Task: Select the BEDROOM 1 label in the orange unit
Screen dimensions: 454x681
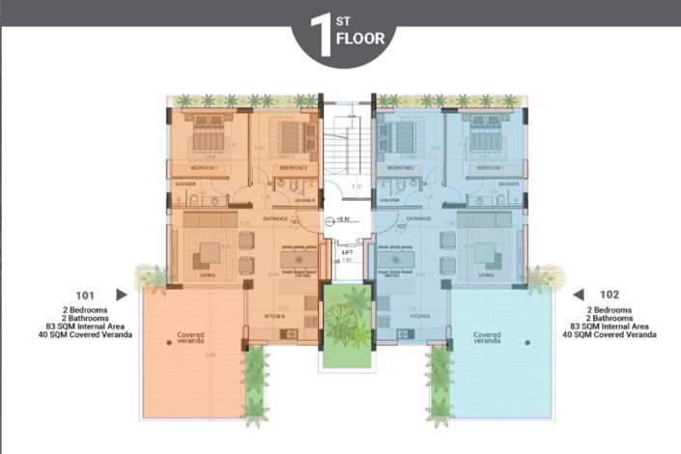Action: pyautogui.click(x=203, y=167)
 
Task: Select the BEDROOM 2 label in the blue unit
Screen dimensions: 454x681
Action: pyautogui.click(x=400, y=167)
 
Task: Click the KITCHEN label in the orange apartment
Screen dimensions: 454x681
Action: pyautogui.click(x=273, y=315)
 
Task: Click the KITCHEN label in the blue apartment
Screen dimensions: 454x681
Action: pyautogui.click(x=419, y=315)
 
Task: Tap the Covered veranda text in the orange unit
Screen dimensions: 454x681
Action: pyautogui.click(x=190, y=337)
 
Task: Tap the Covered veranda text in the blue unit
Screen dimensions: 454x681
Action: pyautogui.click(x=488, y=337)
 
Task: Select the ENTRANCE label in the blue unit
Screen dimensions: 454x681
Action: pyautogui.click(x=418, y=219)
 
